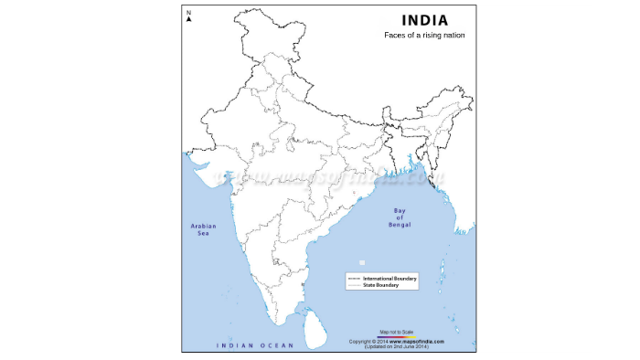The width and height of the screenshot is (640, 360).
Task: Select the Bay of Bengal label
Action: tap(399, 217)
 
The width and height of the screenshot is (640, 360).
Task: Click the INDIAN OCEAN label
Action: tap(254, 345)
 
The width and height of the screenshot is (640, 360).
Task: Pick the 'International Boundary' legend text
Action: tap(390, 277)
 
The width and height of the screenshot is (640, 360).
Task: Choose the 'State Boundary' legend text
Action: tap(381, 285)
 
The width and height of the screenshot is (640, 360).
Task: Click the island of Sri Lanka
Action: tap(314, 323)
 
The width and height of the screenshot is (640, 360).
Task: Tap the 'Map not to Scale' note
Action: tap(395, 332)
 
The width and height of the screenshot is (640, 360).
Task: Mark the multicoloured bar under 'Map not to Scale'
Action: tap(395, 336)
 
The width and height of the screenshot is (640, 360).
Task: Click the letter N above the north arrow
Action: tap(188, 12)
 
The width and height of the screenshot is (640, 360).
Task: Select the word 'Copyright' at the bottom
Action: tap(358, 341)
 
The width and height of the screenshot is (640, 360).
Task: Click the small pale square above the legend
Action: tap(362, 263)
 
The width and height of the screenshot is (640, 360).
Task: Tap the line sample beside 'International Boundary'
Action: tap(355, 277)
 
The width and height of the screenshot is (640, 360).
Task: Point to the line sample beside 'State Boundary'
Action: tap(355, 285)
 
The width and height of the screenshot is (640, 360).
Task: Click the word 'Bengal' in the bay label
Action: tap(399, 225)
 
